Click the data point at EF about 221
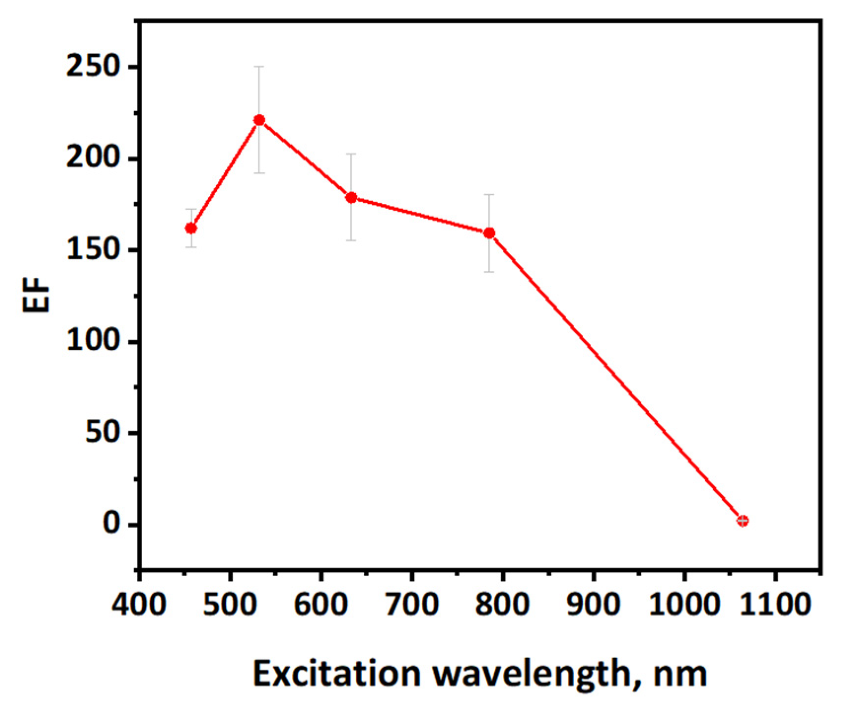259,120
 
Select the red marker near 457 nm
191,228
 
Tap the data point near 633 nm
351,197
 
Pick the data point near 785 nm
489,233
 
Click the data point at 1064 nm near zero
742,521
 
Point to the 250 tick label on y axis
94,67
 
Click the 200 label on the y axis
94,158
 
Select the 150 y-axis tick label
94,250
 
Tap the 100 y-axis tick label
94,341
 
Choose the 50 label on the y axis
103,433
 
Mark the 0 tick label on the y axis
112,523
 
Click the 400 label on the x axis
139,604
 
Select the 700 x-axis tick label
412,604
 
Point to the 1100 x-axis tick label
775,604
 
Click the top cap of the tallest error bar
259,66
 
